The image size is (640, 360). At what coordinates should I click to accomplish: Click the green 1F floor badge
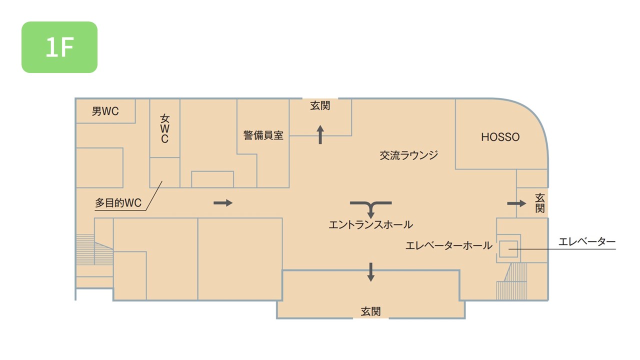pos(59,47)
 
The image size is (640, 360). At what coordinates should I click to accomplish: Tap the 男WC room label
pos(105,111)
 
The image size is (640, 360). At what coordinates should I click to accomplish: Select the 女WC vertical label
pos(164,129)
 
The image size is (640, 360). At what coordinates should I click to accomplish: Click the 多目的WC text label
pos(118,203)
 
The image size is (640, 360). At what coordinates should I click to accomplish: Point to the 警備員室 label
pos(263,135)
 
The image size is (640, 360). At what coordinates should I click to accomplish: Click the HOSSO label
pos(500,137)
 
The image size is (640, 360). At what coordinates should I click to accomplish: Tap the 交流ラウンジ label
pos(408,155)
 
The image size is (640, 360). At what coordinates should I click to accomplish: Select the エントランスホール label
pos(370,225)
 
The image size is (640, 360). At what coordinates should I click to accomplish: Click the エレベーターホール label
pos(448,245)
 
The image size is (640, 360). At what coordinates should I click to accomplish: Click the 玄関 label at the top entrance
pos(320,106)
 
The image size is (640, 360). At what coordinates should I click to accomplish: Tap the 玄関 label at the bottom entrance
pos(370,311)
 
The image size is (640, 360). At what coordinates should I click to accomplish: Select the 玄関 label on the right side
pos(539,202)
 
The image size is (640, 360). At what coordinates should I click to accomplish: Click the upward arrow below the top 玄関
pos(320,134)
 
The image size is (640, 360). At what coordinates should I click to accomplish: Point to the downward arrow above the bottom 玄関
pos(370,271)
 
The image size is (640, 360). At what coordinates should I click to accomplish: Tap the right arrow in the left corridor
pos(223,202)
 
